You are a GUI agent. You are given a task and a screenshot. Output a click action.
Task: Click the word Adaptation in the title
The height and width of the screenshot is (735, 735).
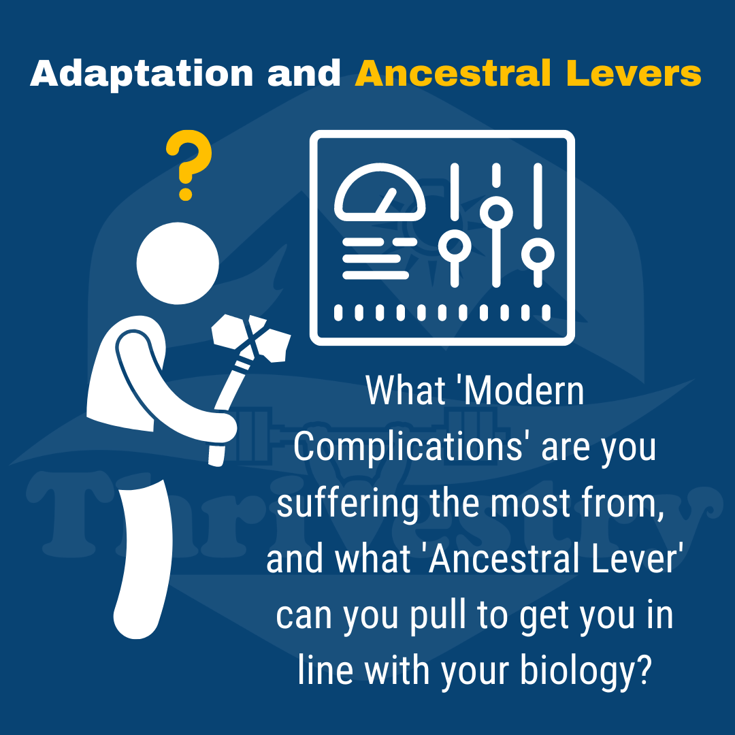coord(142,73)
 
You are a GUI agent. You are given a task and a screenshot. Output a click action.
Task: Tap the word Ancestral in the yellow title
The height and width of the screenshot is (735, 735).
coord(453,73)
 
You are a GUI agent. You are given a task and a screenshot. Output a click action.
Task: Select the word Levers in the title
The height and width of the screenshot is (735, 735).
coord(634,73)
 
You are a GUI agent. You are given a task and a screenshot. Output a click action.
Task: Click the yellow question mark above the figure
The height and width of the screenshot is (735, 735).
coord(189,165)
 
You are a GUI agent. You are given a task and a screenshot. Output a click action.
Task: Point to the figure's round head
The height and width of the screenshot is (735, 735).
coord(178,263)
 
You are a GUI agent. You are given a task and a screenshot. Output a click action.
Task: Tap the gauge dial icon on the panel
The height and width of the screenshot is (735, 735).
coord(380,192)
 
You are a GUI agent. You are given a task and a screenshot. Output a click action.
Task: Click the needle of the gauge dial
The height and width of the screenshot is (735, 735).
coord(387,201)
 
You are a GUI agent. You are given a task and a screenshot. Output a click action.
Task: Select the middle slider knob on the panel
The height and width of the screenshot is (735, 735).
coord(496,212)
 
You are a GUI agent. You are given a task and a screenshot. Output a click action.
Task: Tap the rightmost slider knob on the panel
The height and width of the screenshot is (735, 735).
coord(538,255)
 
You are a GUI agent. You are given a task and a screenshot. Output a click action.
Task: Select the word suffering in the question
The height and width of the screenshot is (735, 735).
coord(348,503)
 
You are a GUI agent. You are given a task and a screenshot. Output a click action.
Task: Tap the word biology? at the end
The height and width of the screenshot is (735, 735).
coord(586,671)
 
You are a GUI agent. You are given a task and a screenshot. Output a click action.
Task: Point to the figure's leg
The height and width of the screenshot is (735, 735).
coord(142,558)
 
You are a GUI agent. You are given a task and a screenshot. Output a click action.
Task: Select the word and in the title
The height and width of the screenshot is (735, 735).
coord(304,73)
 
